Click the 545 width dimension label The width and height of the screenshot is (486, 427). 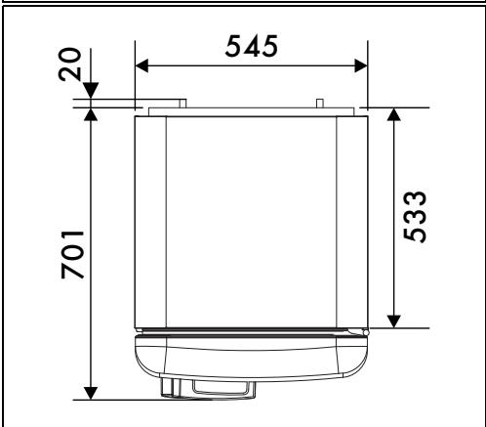click(252, 46)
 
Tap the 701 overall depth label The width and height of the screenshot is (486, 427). click(72, 255)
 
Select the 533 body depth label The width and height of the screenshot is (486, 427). click(414, 217)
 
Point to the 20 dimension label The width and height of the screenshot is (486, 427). click(69, 64)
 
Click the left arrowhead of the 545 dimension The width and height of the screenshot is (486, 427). click(142, 65)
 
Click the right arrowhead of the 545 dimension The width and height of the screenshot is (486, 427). click(361, 65)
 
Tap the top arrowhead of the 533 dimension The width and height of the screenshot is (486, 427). click(394, 114)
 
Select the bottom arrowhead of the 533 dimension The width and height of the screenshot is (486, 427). click(394, 321)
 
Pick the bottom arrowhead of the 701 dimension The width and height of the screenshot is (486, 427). click(91, 393)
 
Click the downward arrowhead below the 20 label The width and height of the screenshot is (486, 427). click(91, 90)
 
